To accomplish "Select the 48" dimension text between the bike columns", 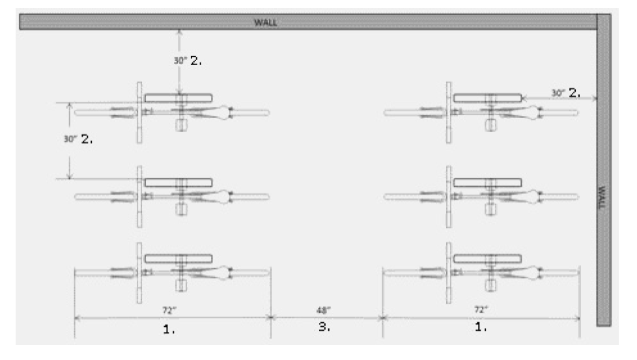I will [324, 308].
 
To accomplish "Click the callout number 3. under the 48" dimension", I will [324, 328].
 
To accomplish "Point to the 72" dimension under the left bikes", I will [172, 308].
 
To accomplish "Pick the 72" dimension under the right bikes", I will [481, 308].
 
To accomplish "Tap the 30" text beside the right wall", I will [559, 93].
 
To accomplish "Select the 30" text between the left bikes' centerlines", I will [70, 139].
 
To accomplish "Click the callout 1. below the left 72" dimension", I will [169, 329].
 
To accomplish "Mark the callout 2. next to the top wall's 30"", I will [196, 60].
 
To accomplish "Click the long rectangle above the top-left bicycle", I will [178, 98].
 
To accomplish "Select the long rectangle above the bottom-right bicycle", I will [487, 258].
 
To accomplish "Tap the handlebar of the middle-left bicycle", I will [139, 196].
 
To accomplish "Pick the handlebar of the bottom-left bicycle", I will [139, 273].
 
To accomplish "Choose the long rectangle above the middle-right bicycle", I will [487, 182].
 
